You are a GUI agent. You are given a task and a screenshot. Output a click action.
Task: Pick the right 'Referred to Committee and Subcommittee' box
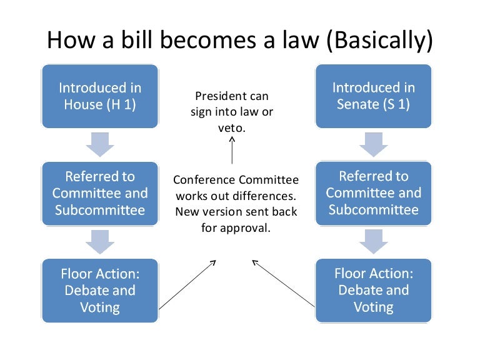pyautogui.click(x=374, y=193)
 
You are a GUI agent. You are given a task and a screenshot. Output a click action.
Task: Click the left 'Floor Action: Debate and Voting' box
pyautogui.click(x=99, y=291)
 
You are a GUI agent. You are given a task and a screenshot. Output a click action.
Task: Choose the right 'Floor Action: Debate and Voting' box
pyautogui.click(x=374, y=291)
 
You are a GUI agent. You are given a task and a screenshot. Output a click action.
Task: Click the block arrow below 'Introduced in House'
pyautogui.click(x=100, y=144)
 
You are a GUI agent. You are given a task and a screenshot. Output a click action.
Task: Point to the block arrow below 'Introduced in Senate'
pyautogui.click(x=374, y=144)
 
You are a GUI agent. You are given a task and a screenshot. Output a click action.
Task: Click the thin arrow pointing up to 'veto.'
pyautogui.click(x=232, y=150)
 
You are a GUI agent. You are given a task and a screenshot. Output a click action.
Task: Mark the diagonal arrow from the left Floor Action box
pyautogui.click(x=187, y=284)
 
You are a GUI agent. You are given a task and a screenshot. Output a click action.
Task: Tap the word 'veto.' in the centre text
pyautogui.click(x=232, y=127)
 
